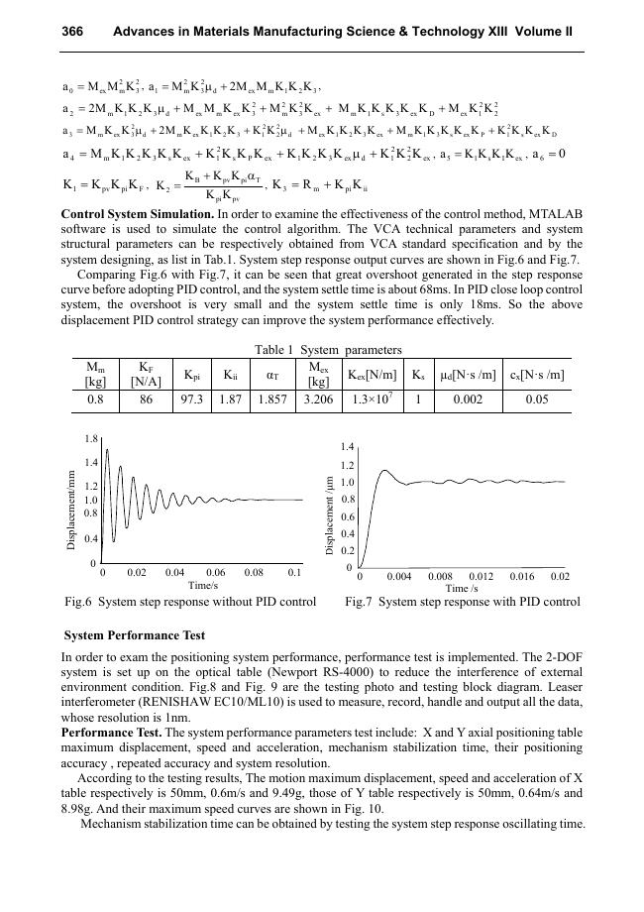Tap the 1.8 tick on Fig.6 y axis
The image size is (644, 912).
tap(91, 437)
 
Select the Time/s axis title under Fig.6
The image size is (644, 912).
tap(202, 585)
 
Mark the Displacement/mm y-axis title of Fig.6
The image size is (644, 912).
tap(71, 502)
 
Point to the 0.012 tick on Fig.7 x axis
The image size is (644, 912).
tap(480, 576)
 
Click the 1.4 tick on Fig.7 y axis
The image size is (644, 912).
tap(347, 448)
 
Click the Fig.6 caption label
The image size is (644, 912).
tap(78, 602)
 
